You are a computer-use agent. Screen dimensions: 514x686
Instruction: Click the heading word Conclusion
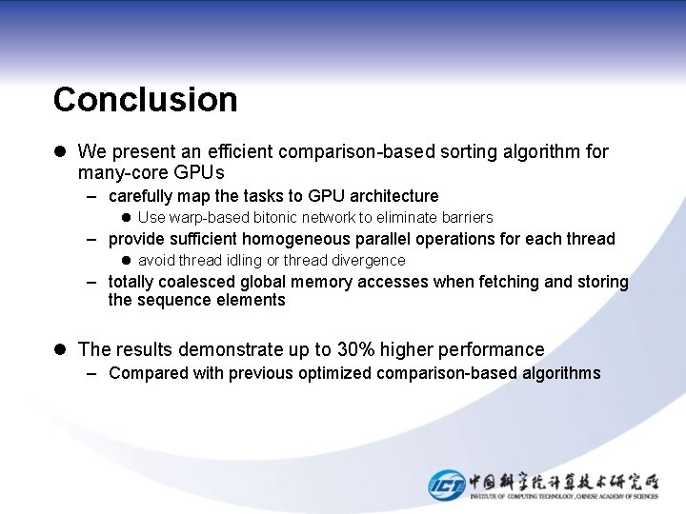[145, 99]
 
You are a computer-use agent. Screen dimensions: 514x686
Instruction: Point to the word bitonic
[276, 218]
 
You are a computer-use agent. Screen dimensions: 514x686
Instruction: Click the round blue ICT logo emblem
[447, 484]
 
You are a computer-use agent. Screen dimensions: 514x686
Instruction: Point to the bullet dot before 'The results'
[60, 349]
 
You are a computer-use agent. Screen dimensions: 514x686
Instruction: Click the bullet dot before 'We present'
[60, 151]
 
